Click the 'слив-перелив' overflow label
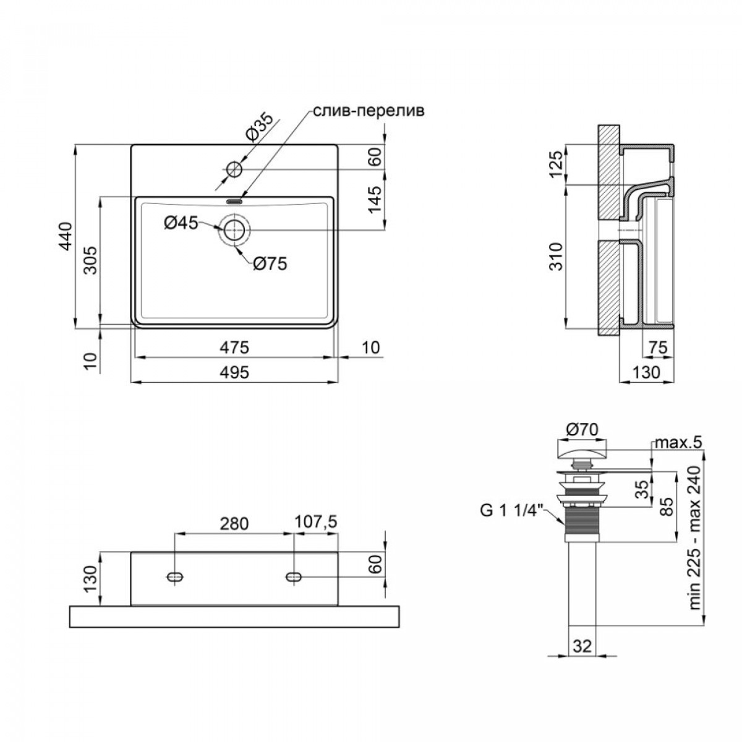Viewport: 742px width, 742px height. (x=369, y=111)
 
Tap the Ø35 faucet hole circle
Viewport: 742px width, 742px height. (x=234, y=169)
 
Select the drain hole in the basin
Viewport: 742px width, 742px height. (x=234, y=230)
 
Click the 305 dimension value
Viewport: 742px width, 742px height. (x=92, y=260)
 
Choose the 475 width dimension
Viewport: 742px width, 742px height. (x=234, y=348)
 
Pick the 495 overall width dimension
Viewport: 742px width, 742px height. (x=234, y=372)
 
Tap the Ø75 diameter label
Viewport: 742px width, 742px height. (x=270, y=264)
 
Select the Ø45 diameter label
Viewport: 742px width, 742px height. (x=181, y=223)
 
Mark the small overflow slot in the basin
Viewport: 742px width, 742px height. (x=234, y=200)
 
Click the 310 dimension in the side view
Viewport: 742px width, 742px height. (x=556, y=257)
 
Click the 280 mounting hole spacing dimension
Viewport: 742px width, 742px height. (x=234, y=524)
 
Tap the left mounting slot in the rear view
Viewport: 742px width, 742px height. (x=175, y=576)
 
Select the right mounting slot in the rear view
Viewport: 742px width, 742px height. (x=294, y=576)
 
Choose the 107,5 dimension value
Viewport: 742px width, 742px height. (x=316, y=522)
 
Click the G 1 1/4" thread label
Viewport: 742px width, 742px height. (x=511, y=511)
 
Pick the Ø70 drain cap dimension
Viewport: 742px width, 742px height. (x=582, y=430)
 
